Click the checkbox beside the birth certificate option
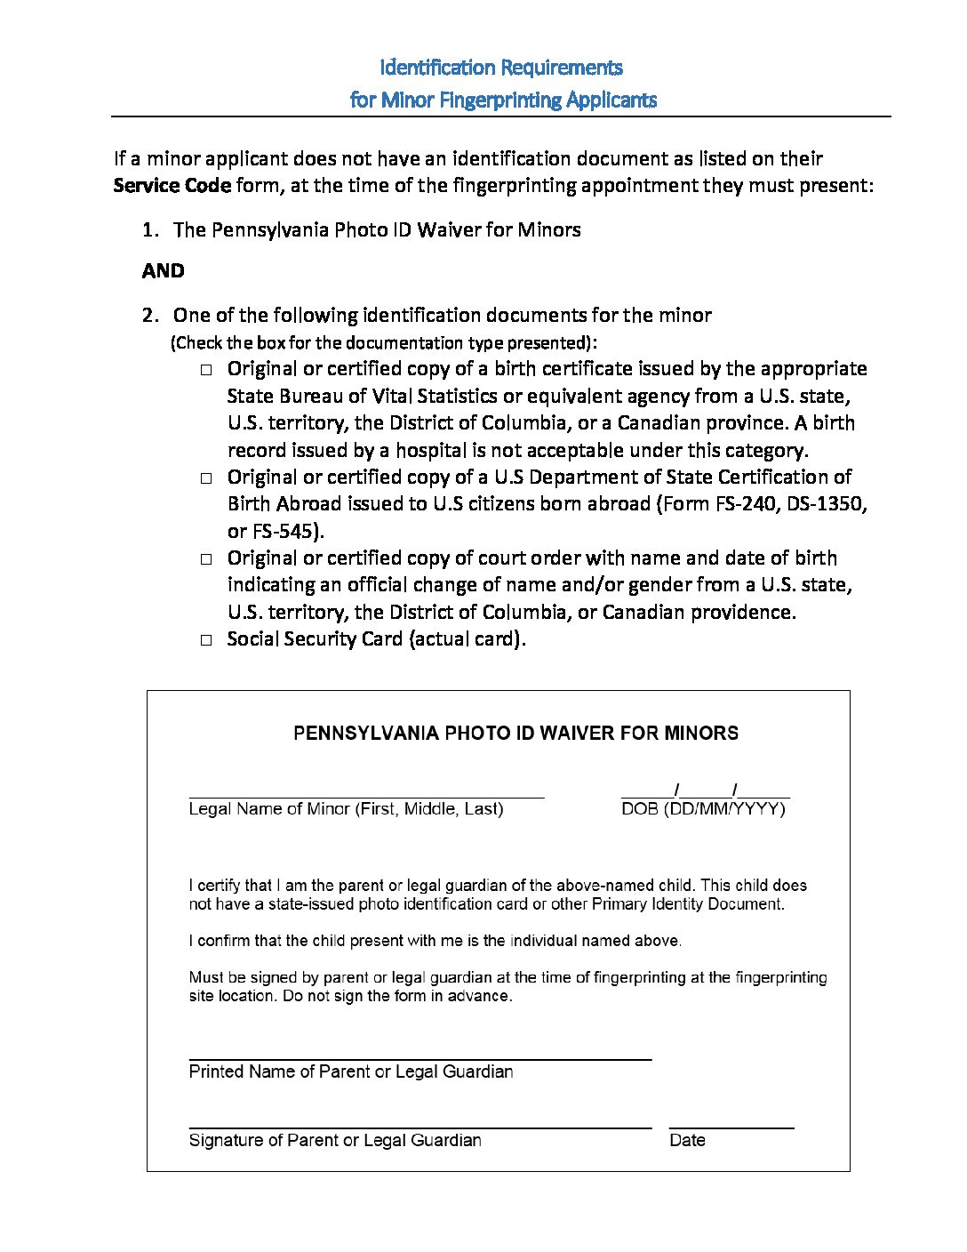(x=206, y=370)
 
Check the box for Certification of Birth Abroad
(x=206, y=478)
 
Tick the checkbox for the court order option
(x=206, y=559)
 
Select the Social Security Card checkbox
(x=206, y=640)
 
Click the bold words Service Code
(x=172, y=186)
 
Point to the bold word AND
(x=163, y=271)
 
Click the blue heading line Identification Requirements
(x=501, y=68)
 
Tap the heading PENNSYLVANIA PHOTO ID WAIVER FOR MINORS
(x=515, y=734)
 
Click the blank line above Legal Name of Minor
(x=366, y=795)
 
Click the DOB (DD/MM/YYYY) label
(x=703, y=809)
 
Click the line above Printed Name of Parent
(x=420, y=1057)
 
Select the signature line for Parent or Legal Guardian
(x=420, y=1126)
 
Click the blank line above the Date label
(x=731, y=1126)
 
